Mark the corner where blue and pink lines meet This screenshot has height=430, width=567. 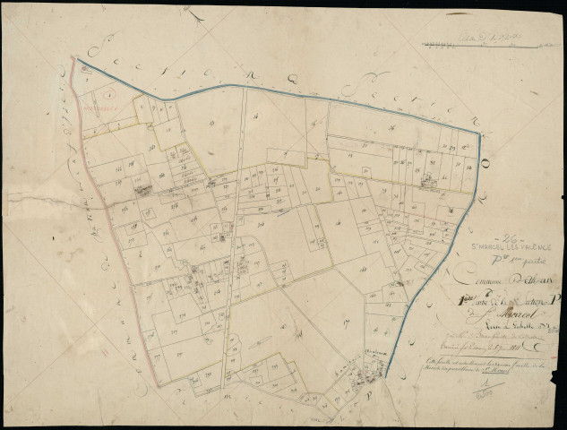[76, 61]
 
